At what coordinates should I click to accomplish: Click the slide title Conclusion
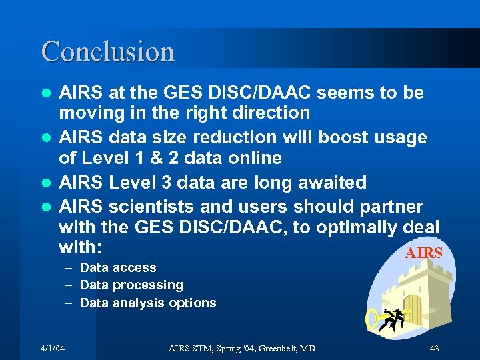108,51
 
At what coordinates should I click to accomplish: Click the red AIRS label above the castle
423,253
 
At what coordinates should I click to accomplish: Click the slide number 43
434,349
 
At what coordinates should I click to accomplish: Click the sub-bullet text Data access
118,267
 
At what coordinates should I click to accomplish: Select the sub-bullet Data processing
131,285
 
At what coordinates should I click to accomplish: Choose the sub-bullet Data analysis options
148,303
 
